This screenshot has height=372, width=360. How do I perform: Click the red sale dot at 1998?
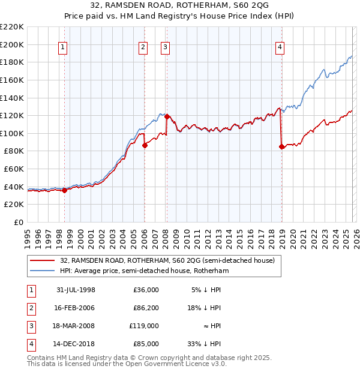click(65, 190)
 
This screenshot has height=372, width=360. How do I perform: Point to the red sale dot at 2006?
click(145, 145)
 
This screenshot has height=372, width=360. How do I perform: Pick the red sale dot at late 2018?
click(281, 146)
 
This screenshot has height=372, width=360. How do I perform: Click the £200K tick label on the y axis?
click(12, 44)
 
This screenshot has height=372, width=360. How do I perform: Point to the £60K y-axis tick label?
click(14, 169)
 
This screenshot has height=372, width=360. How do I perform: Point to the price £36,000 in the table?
click(146, 290)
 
